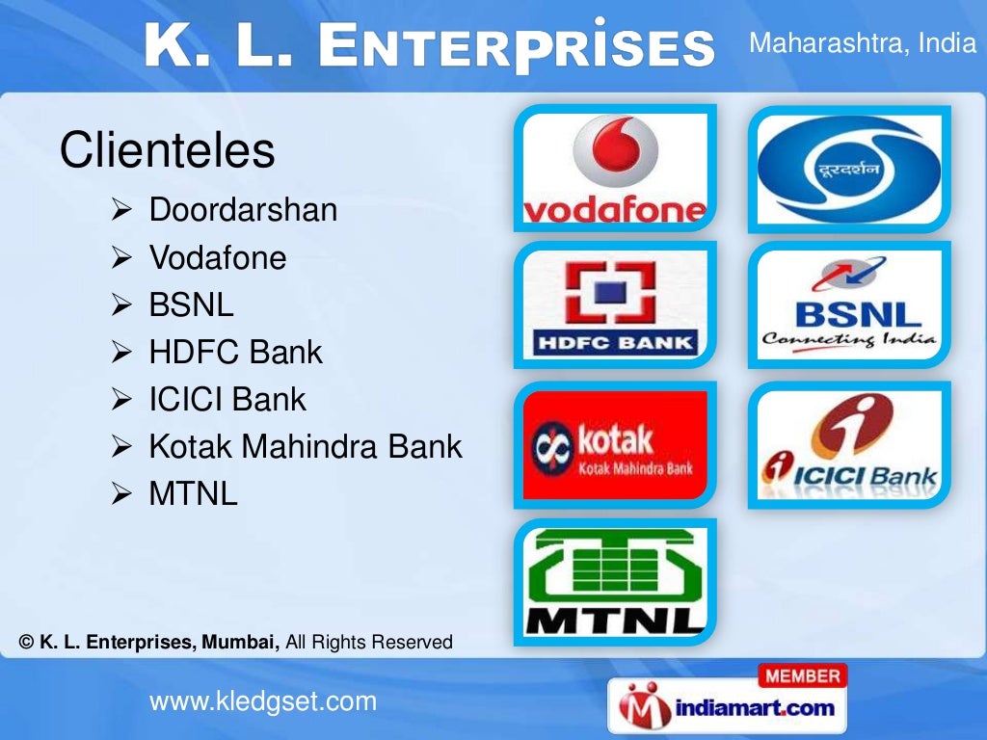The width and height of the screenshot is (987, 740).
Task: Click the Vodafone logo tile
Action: point(615,169)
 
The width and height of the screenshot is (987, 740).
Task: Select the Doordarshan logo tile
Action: point(849,169)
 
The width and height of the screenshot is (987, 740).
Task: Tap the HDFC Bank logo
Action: point(615,305)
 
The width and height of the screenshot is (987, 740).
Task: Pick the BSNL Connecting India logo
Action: point(849,305)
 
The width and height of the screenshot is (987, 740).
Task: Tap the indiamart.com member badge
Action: point(727,699)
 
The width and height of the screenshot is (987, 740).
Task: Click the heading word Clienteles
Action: point(167,150)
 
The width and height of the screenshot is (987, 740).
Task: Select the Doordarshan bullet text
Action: point(243,210)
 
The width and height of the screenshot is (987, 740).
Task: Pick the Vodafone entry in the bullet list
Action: point(218,257)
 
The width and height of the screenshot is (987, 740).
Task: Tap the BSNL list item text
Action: point(191,305)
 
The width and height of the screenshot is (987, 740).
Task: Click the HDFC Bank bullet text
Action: point(235,353)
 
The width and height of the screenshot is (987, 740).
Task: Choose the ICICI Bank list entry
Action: point(227,400)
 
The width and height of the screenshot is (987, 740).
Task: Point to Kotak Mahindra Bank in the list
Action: point(306,447)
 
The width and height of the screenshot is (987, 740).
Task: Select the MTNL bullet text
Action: point(193,494)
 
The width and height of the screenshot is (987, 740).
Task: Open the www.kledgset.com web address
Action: point(263,701)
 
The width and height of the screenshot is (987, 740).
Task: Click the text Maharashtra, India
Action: point(863,44)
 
